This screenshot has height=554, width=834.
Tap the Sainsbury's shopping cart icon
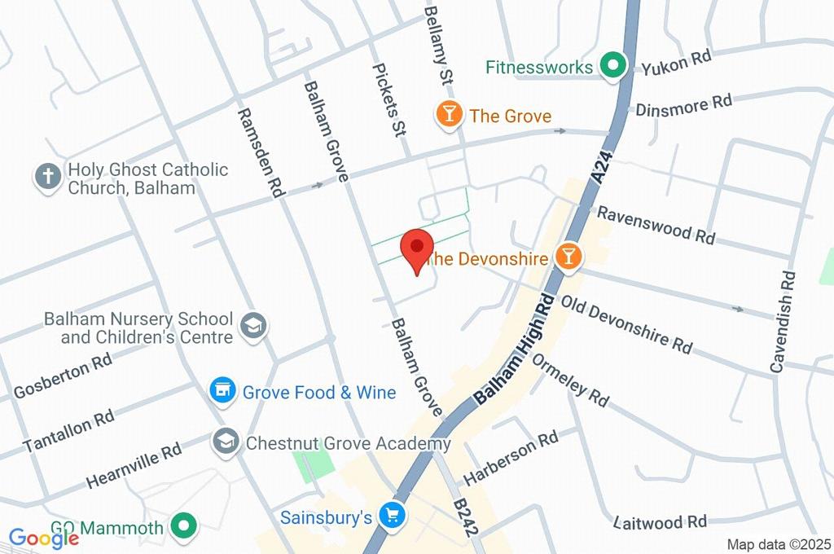(x=393, y=517)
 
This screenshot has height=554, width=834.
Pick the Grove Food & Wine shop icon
(x=222, y=392)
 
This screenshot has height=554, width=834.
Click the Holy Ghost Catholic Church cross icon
(x=48, y=177)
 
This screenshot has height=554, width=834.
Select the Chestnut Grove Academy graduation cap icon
(x=223, y=443)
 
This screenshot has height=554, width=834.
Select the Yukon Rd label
(x=676, y=62)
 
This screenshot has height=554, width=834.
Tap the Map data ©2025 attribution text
(x=779, y=544)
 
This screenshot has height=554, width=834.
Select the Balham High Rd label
(x=515, y=349)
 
